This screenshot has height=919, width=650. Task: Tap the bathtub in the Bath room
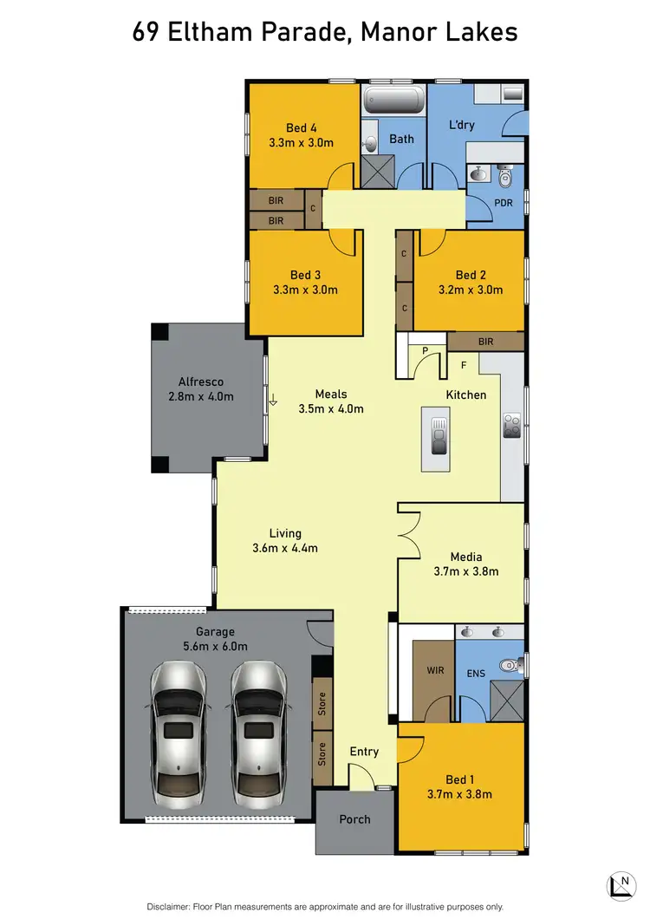393,100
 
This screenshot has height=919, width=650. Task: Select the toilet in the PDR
507,177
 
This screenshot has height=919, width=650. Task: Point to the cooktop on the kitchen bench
511,426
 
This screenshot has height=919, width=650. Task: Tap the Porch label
354,819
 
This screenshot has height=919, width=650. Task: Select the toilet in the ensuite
514,666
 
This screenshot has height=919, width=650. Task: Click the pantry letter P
425,350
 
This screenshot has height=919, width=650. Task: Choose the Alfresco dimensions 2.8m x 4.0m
201,396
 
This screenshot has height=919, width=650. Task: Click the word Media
465,557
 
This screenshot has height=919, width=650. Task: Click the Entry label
364,752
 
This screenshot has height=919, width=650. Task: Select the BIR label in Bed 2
485,342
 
